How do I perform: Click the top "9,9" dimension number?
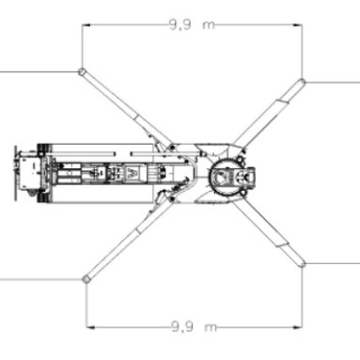pyautogui.click(x=180, y=24)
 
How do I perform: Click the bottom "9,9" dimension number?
pyautogui.click(x=181, y=327)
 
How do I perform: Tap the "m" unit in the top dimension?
pyautogui.click(x=209, y=25)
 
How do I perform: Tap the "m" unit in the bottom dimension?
pyautogui.click(x=211, y=328)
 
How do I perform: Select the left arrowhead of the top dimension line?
pyautogui.click(x=86, y=24)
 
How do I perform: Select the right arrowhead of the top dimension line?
pyautogui.click(x=298, y=24)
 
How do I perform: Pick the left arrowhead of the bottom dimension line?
pyautogui.click(x=90, y=327)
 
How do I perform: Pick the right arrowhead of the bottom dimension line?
pyautogui.click(x=298, y=327)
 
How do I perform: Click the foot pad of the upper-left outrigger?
pyautogui.click(x=82, y=71)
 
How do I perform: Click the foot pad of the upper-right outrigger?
pyautogui.click(x=302, y=82)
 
